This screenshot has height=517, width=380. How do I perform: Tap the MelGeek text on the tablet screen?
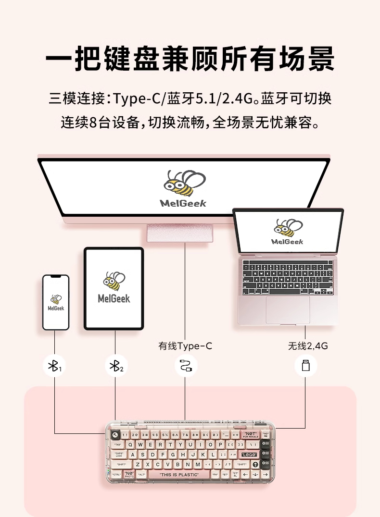click(114, 298)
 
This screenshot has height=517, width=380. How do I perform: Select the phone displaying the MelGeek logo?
click(56, 302)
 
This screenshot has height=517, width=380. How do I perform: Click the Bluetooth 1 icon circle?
click(54, 366)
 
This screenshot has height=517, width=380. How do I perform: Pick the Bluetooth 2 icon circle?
click(115, 366)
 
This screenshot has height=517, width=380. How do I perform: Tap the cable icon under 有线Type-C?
click(186, 366)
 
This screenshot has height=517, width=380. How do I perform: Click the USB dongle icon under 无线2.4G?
click(305, 366)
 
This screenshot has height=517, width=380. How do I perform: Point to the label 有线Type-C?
click(185, 346)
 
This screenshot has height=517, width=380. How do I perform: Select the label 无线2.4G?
click(308, 346)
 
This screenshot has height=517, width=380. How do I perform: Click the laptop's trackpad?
click(288, 309)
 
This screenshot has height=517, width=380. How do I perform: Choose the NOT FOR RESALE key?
click(250, 435)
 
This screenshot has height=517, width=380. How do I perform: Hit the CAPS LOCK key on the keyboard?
click(118, 455)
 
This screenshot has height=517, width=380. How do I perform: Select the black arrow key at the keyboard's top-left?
click(115, 435)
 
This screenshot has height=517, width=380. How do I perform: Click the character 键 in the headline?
click(129, 60)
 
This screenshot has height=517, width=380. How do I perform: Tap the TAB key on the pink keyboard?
click(117, 445)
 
